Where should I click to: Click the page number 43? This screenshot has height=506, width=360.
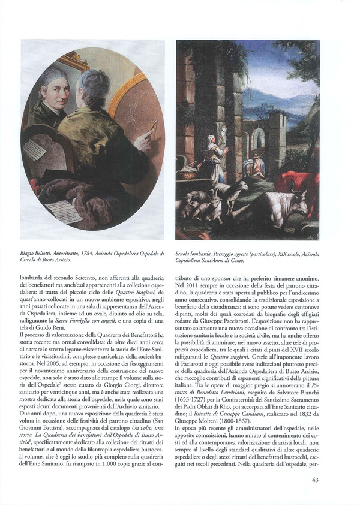pyautogui.click(x=315, y=479)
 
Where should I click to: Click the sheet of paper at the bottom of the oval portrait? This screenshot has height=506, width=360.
pyautogui.click(x=64, y=211)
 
